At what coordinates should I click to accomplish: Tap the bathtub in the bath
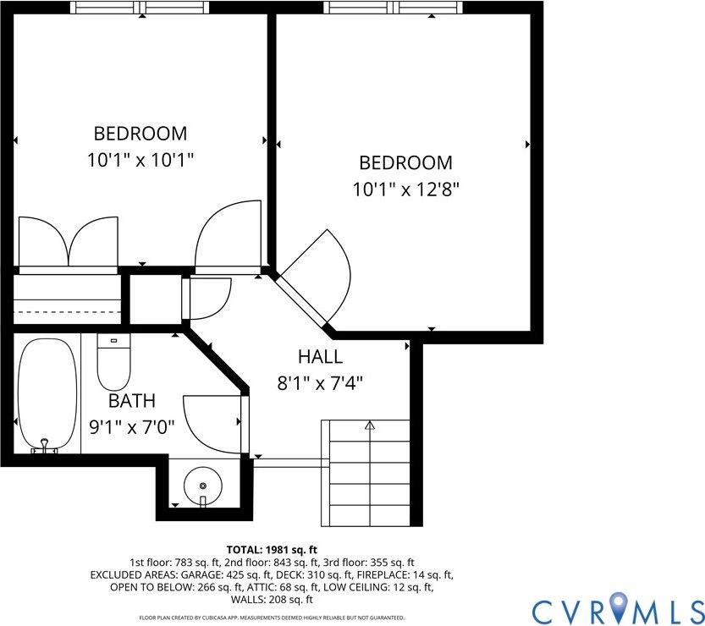tap(47, 393)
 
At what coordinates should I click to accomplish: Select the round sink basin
tap(203, 485)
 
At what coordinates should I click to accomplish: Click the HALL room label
tap(320, 357)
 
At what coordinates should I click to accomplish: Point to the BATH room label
tap(131, 401)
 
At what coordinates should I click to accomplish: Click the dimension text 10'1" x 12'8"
tap(406, 188)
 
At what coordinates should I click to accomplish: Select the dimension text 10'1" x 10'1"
tap(140, 159)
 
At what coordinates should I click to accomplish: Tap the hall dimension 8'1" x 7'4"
tap(320, 382)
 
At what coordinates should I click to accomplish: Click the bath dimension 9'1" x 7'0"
tap(131, 426)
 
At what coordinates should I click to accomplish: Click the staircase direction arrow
tap(369, 426)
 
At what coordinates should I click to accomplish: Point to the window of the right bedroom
tap(394, 8)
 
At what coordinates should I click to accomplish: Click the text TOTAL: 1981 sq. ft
tap(272, 549)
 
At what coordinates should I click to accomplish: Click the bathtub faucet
tap(44, 446)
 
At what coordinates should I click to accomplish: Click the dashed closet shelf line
tap(68, 311)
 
